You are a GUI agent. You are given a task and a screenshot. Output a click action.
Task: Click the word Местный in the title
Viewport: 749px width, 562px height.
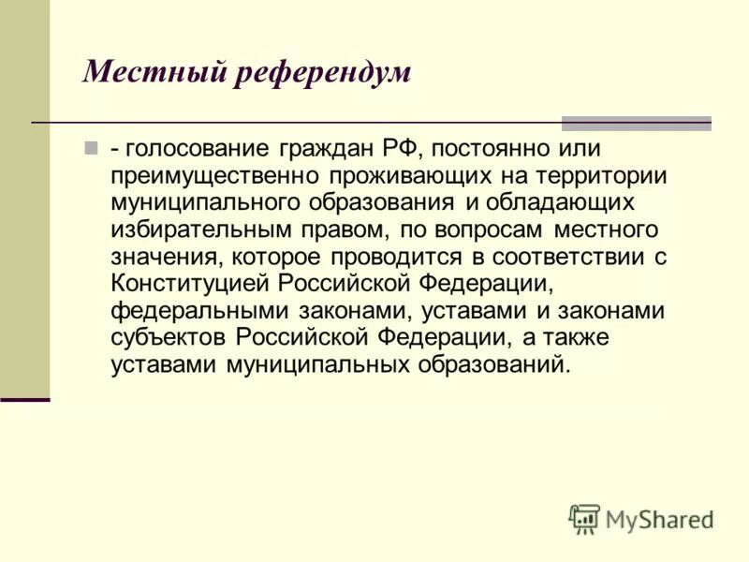145,72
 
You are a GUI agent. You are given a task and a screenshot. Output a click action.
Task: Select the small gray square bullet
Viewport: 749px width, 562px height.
91,148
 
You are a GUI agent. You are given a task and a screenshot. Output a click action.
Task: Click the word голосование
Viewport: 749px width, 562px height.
193,148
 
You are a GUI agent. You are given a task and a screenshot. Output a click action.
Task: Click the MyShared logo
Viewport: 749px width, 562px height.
640,518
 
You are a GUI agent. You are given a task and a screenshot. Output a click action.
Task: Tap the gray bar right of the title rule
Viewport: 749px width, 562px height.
636,123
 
